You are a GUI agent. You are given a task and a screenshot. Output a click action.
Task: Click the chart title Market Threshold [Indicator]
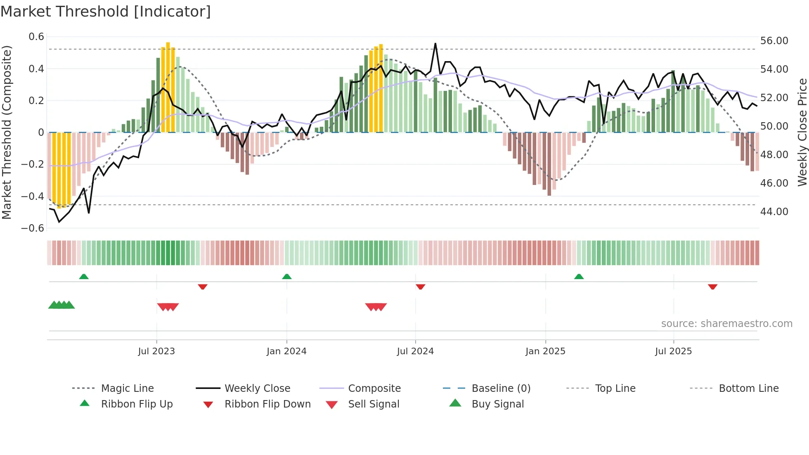coord(106,12)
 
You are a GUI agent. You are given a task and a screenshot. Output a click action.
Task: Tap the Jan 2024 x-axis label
coord(286,351)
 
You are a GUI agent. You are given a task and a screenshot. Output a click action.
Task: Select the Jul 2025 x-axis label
coord(673,351)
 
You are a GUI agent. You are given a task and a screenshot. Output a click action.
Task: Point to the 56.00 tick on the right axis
coord(774,41)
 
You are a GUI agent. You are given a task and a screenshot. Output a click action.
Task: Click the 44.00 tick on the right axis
coord(774,212)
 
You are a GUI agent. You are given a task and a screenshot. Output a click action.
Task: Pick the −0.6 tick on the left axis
coord(33,228)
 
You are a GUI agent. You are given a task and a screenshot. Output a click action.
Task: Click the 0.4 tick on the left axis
coord(36,69)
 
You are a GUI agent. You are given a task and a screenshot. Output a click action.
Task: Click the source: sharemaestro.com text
coord(726,324)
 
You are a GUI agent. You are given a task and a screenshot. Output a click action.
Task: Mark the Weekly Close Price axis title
coord(802,132)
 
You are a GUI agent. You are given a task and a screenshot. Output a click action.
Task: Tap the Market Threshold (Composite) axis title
coord(7,132)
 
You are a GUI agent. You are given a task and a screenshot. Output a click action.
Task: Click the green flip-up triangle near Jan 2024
coord(287,277)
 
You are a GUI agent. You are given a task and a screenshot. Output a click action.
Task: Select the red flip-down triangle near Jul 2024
coord(421,287)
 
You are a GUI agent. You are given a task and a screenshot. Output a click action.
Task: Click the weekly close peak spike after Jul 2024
coord(435,44)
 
